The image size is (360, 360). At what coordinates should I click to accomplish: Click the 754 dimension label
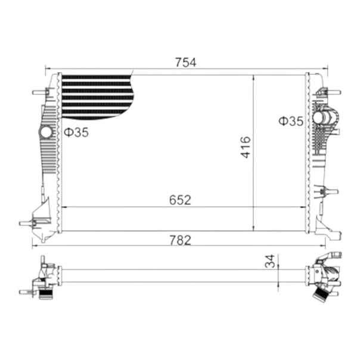185,63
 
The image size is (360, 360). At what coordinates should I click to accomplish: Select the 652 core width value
180,200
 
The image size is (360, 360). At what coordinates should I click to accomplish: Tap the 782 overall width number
180,240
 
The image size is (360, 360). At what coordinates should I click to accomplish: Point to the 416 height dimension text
246,147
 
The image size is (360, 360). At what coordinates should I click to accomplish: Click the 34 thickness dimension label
270,261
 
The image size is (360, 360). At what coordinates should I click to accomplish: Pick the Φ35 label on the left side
76,132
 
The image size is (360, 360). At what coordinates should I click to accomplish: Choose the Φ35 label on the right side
291,121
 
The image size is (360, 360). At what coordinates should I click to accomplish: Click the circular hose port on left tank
46,132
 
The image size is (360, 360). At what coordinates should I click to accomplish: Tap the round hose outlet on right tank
319,117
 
